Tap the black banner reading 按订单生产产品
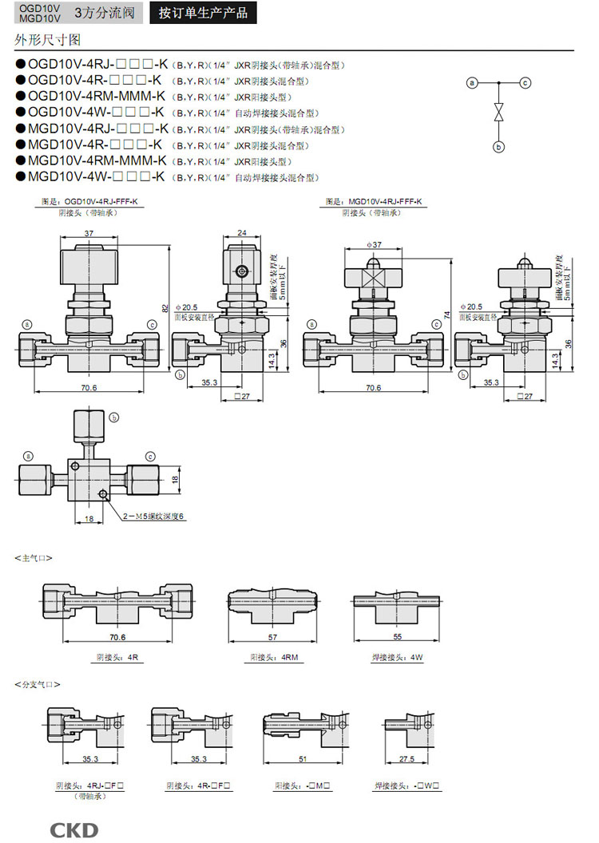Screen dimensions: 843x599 click(203, 13)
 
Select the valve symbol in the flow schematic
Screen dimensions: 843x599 click(499, 113)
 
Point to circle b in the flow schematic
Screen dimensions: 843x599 click(499, 146)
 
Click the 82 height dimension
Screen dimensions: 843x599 click(165, 308)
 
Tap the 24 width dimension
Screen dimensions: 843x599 click(242, 233)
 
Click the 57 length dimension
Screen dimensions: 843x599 click(272, 637)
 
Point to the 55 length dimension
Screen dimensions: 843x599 click(398, 637)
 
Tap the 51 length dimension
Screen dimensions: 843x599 click(302, 759)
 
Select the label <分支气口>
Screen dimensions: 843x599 click(37, 684)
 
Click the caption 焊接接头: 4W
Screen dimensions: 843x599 click(397, 657)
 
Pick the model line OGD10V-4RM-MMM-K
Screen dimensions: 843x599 click(97, 96)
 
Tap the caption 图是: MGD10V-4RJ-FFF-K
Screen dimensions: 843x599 click(374, 202)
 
